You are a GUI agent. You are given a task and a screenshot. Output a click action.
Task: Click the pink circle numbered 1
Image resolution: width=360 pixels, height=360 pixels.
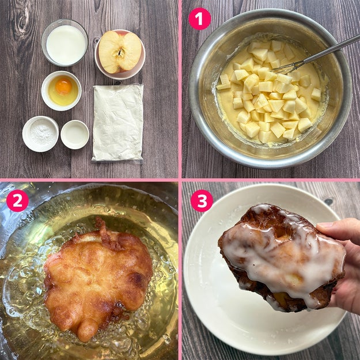pyautogui.click(x=199, y=18)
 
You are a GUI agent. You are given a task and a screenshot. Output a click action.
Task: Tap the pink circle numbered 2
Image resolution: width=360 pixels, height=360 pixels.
pyautogui.click(x=17, y=200)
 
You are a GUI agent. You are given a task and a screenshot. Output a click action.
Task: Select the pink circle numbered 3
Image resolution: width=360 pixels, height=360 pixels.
pyautogui.click(x=202, y=200)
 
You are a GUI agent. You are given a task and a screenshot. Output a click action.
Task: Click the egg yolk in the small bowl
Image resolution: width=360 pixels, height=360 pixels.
pyautogui.click(x=63, y=86)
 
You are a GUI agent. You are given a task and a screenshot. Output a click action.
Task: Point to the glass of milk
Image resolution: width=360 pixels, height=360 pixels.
pyautogui.click(x=65, y=43)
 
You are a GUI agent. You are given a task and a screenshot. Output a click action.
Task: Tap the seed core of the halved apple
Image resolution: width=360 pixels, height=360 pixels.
pyautogui.click(x=120, y=52)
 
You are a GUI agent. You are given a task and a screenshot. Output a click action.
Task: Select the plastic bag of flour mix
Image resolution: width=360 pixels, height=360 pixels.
pyautogui.click(x=118, y=122)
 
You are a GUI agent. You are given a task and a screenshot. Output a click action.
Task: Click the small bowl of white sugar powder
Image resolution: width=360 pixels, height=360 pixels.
pyautogui.click(x=40, y=134)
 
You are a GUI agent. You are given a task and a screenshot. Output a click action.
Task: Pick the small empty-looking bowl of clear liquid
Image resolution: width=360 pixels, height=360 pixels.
pyautogui.click(x=75, y=134)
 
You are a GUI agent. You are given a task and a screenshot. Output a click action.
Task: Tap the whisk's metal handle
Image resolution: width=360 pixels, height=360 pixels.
pyautogui.click(x=332, y=47)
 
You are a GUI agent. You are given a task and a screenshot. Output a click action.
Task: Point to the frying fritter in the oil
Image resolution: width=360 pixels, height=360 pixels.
pyautogui.click(x=97, y=279)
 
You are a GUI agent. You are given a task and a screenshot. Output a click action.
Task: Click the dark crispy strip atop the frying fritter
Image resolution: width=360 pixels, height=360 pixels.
pyautogui.click(x=106, y=234)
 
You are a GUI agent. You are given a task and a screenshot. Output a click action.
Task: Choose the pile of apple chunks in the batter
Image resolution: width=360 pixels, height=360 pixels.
pyautogui.click(x=271, y=92)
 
